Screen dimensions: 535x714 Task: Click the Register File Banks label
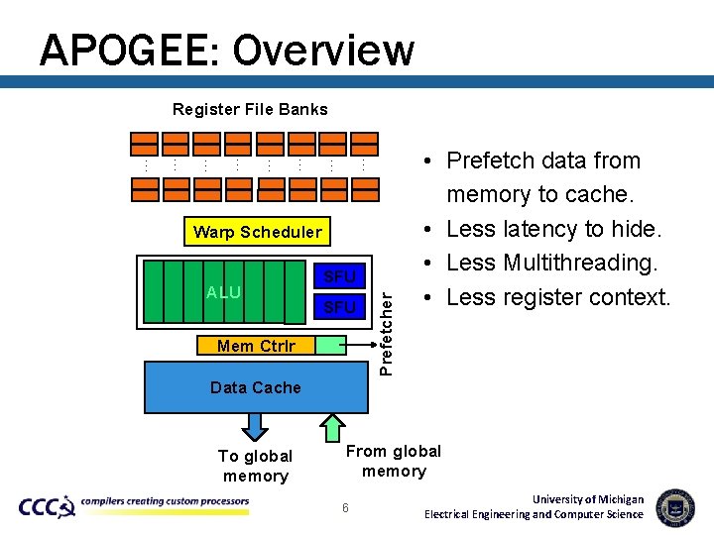250,109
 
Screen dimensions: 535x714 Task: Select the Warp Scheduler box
258,232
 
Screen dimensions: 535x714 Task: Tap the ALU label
223,292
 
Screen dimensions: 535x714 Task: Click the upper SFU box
339,275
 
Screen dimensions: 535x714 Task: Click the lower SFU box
339,308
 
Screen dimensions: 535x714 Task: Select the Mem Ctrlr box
255,346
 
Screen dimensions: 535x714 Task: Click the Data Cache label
255,387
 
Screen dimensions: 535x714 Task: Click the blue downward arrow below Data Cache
256,425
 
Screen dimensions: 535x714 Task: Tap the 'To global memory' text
255,466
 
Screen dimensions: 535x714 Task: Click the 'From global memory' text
394,462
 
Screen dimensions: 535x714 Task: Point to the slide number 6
345,507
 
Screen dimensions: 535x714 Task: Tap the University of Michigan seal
675,506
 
